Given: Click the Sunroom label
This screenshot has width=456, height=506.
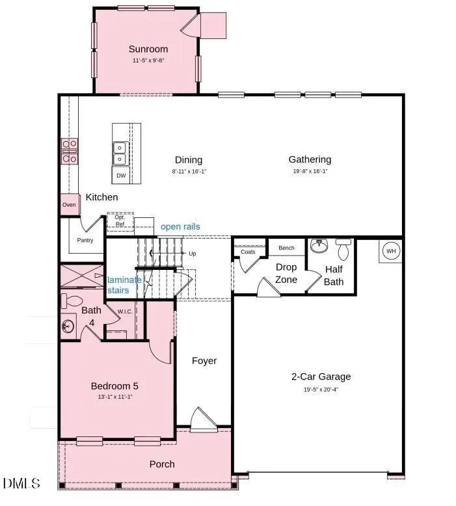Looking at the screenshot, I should coord(148,49).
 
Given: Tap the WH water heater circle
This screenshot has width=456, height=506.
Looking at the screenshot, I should coord(391,251).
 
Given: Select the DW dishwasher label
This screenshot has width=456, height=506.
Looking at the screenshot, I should coord(121,176).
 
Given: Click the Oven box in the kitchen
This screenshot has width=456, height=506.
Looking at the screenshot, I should coord(69,205).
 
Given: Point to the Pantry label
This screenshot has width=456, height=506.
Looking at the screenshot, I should coord(85,241).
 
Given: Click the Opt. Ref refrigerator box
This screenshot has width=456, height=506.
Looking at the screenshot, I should coord(120,221).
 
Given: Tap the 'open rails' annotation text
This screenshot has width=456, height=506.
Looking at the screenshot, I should coord(180,227).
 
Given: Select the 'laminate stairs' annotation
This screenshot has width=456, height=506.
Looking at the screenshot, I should coord(124,285).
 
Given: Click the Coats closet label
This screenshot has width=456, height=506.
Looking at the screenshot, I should coord(248,252).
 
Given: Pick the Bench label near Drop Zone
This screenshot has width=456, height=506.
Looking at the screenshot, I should coord(286,248).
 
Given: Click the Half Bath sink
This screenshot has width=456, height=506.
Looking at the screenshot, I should coord(319,246).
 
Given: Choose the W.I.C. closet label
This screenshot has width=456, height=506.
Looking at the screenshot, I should coord(126,312).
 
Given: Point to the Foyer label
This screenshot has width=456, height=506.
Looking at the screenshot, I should coord(204,361).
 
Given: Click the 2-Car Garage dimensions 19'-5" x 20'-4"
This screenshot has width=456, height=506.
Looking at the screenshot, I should coord(321,390).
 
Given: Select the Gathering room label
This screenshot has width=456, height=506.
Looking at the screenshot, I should coord(310,159).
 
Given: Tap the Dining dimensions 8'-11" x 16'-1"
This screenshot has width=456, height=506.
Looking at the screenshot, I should coord(189,172).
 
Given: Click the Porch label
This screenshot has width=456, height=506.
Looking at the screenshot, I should coord(162,464).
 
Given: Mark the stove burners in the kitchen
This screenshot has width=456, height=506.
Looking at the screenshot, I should coord(70,151).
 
